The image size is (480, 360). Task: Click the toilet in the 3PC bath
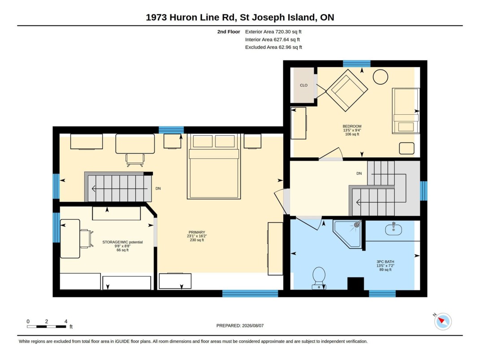tap(319, 278)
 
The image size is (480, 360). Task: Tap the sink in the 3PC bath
tap(394, 229)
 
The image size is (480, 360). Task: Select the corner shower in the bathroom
tap(348, 234)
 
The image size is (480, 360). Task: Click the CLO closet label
tap(304, 86)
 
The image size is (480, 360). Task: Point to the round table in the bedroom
tap(381, 77)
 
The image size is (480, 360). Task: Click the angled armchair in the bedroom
tap(347, 90)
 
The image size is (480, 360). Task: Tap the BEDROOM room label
tap(352, 126)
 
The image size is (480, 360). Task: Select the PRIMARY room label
tap(197, 232)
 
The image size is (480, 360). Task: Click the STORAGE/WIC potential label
tap(122, 242)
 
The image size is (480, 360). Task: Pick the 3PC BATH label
tap(385, 262)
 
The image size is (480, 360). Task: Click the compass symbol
tap(443, 321)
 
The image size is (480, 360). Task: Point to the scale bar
tap(47, 327)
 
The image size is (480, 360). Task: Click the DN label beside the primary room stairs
tap(158, 189)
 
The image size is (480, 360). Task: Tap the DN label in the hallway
tap(359, 173)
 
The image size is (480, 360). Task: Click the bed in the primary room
tap(214, 166)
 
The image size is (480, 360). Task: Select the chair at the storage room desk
tap(86, 239)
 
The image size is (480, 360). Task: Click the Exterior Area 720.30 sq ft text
tap(273, 31)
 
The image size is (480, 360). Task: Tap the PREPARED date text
tap(240, 326)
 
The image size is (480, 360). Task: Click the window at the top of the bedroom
tap(357, 64)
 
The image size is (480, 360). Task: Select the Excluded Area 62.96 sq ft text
tap(274, 47)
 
